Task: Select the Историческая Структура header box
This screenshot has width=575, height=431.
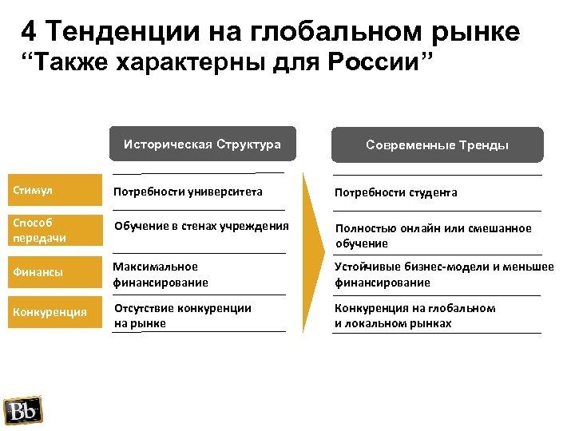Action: click(202, 144)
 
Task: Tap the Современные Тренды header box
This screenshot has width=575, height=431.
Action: click(437, 145)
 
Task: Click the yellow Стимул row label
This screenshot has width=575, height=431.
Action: click(53, 191)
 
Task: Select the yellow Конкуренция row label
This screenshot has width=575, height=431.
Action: click(53, 312)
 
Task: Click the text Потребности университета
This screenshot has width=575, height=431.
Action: click(188, 192)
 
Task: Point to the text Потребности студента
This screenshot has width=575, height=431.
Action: click(396, 192)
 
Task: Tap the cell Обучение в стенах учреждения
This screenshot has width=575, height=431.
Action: click(201, 225)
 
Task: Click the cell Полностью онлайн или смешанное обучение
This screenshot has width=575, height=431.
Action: click(433, 235)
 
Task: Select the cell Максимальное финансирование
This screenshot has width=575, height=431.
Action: click(161, 274)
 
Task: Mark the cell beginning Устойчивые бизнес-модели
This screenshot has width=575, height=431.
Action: click(443, 274)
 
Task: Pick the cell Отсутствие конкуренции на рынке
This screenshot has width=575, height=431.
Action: click(182, 315)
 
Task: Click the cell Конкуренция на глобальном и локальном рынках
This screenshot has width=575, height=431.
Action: click(414, 315)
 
